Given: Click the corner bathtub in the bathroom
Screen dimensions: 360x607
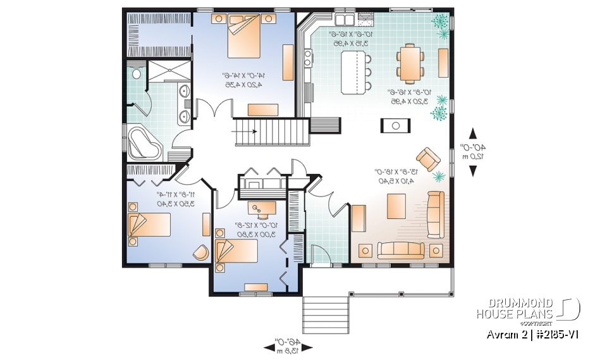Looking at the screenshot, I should tap(143, 143).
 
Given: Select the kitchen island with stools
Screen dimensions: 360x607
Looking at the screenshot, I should tap(354, 71).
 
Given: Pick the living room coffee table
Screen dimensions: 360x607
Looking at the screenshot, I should tap(396, 206).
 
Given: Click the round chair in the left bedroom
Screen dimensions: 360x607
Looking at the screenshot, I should tap(200, 251).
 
